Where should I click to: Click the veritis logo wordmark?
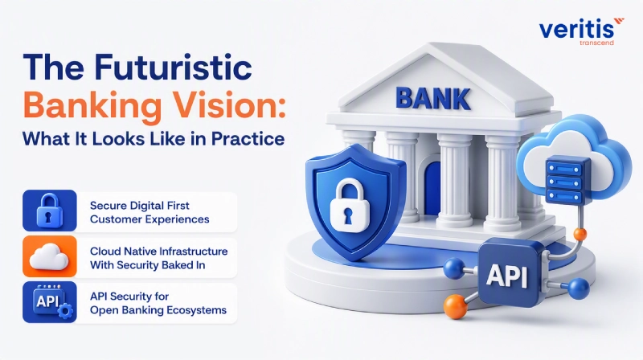tap(576, 30)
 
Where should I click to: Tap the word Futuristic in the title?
tap(173, 67)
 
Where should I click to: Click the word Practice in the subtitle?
tap(248, 138)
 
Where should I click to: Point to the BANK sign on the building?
tap(432, 98)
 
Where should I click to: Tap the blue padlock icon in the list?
tap(50, 211)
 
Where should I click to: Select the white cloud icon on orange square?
tap(49, 256)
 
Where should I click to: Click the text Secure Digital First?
tap(139, 206)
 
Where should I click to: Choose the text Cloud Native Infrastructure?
tap(158, 251)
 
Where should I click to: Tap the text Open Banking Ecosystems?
tap(158, 310)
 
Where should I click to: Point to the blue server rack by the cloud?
tap(567, 181)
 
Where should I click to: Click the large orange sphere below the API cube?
tap(455, 306)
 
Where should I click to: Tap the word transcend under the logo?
tap(596, 43)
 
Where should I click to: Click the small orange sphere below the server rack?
tap(580, 235)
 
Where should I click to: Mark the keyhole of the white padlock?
tap(348, 216)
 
